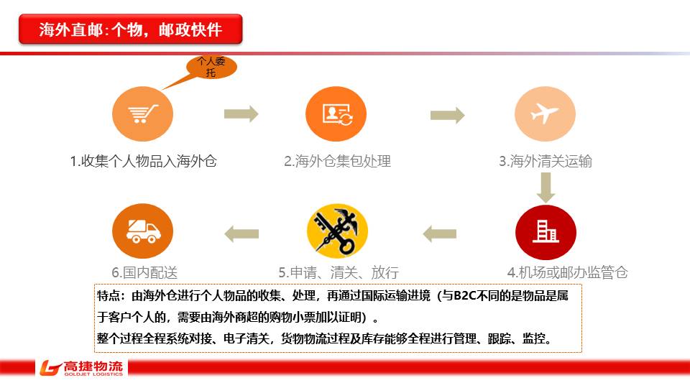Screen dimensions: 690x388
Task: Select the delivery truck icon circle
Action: point(143,231)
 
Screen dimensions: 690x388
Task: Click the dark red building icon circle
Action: point(546,231)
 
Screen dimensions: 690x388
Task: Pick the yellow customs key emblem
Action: point(337,231)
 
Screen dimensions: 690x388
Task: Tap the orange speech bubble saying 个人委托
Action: point(211,68)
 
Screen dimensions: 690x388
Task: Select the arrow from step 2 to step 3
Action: point(447,114)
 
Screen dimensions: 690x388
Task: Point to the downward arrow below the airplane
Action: point(546,186)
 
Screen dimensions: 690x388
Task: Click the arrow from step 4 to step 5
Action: point(439,233)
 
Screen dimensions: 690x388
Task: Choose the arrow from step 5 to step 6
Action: point(241,233)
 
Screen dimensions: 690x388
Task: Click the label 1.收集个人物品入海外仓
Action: point(143,162)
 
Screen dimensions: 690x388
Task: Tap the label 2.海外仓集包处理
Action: point(337,162)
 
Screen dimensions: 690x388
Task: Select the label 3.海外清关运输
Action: point(546,162)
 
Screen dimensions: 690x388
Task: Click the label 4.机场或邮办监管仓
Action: point(567,272)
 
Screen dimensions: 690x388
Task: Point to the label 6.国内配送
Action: point(144,272)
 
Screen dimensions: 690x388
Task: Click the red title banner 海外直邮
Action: point(130,29)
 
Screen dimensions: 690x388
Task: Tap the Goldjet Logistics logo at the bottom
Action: point(82,369)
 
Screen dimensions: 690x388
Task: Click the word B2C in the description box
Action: point(464,296)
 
